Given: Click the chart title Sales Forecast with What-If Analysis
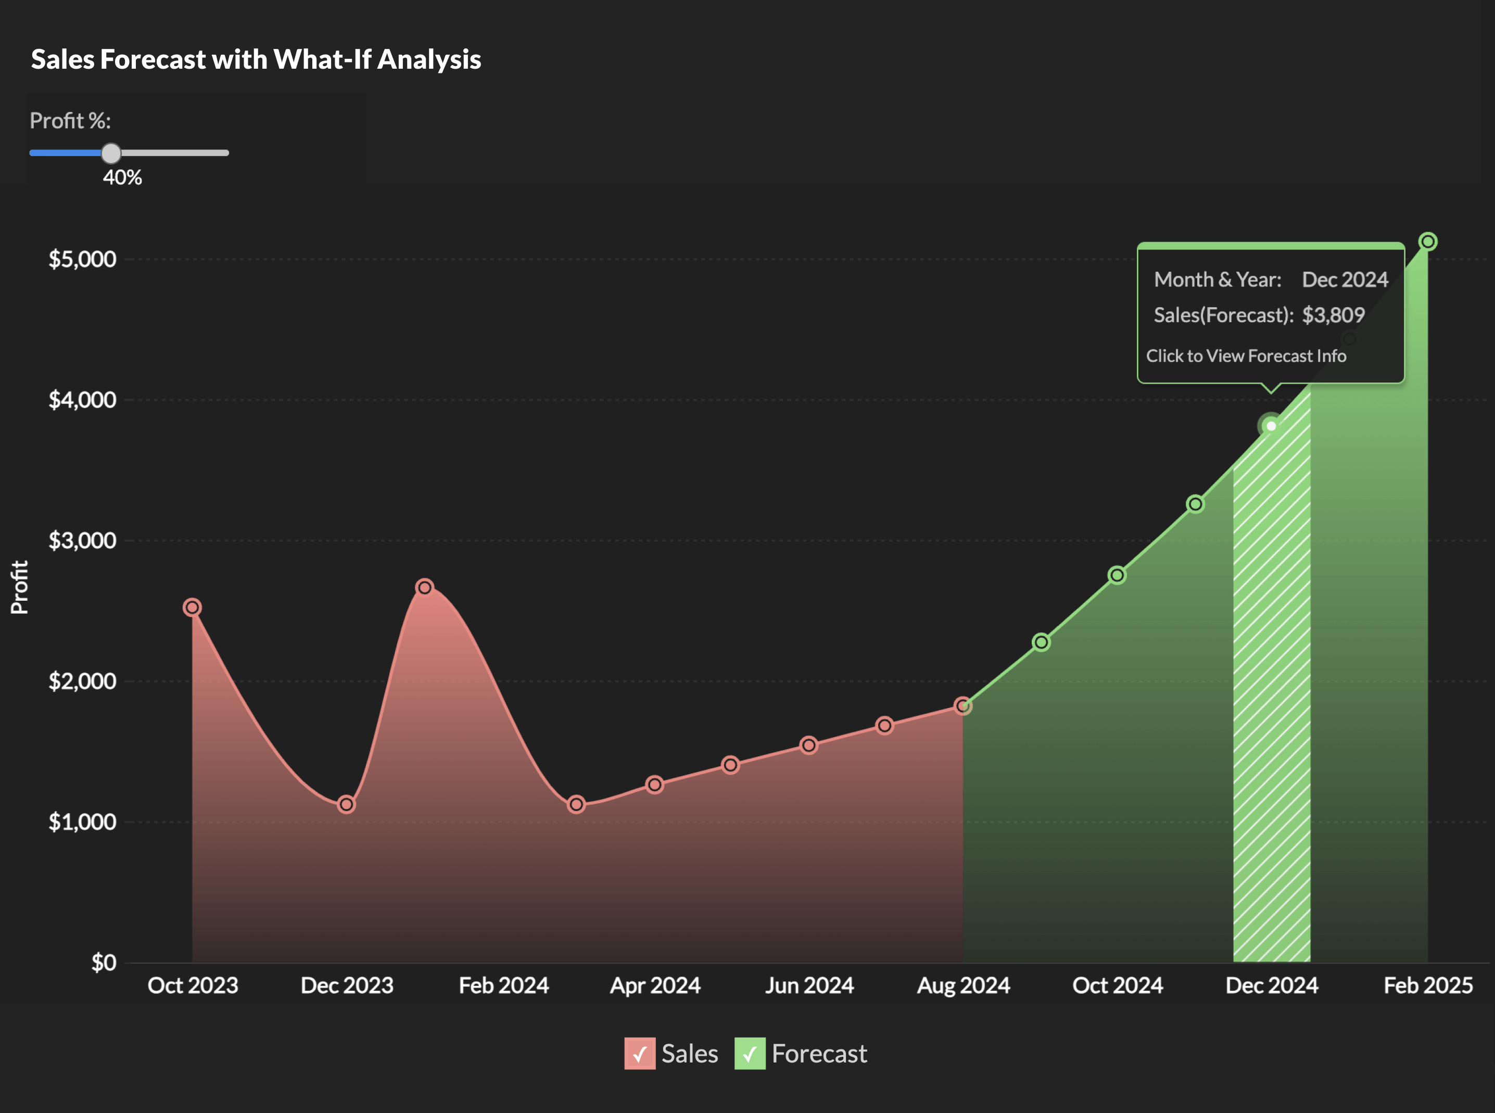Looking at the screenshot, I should pos(256,59).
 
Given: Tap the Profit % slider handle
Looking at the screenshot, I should pos(111,154).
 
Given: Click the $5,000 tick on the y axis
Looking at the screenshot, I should pos(82,259).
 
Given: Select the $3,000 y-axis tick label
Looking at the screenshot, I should pos(82,540).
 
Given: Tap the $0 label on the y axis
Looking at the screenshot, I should pos(103,963).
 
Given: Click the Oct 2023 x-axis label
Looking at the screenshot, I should pos(193,985).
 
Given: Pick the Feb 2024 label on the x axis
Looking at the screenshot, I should pos(503,985).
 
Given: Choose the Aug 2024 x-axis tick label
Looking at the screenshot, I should pos(964,985).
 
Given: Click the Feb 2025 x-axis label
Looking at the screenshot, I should pos(1428,985).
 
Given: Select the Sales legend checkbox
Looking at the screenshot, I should pos(639,1054).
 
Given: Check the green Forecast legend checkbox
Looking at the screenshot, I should pos(749,1054).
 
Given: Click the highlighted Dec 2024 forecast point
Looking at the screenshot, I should pos(1271,426).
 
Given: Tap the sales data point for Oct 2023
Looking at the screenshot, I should pos(192,608).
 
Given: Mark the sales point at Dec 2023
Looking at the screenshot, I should pos(346,804).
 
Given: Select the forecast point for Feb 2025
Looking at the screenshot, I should pos(1428,241).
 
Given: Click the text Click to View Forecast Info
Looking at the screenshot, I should pos(1246,356).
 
